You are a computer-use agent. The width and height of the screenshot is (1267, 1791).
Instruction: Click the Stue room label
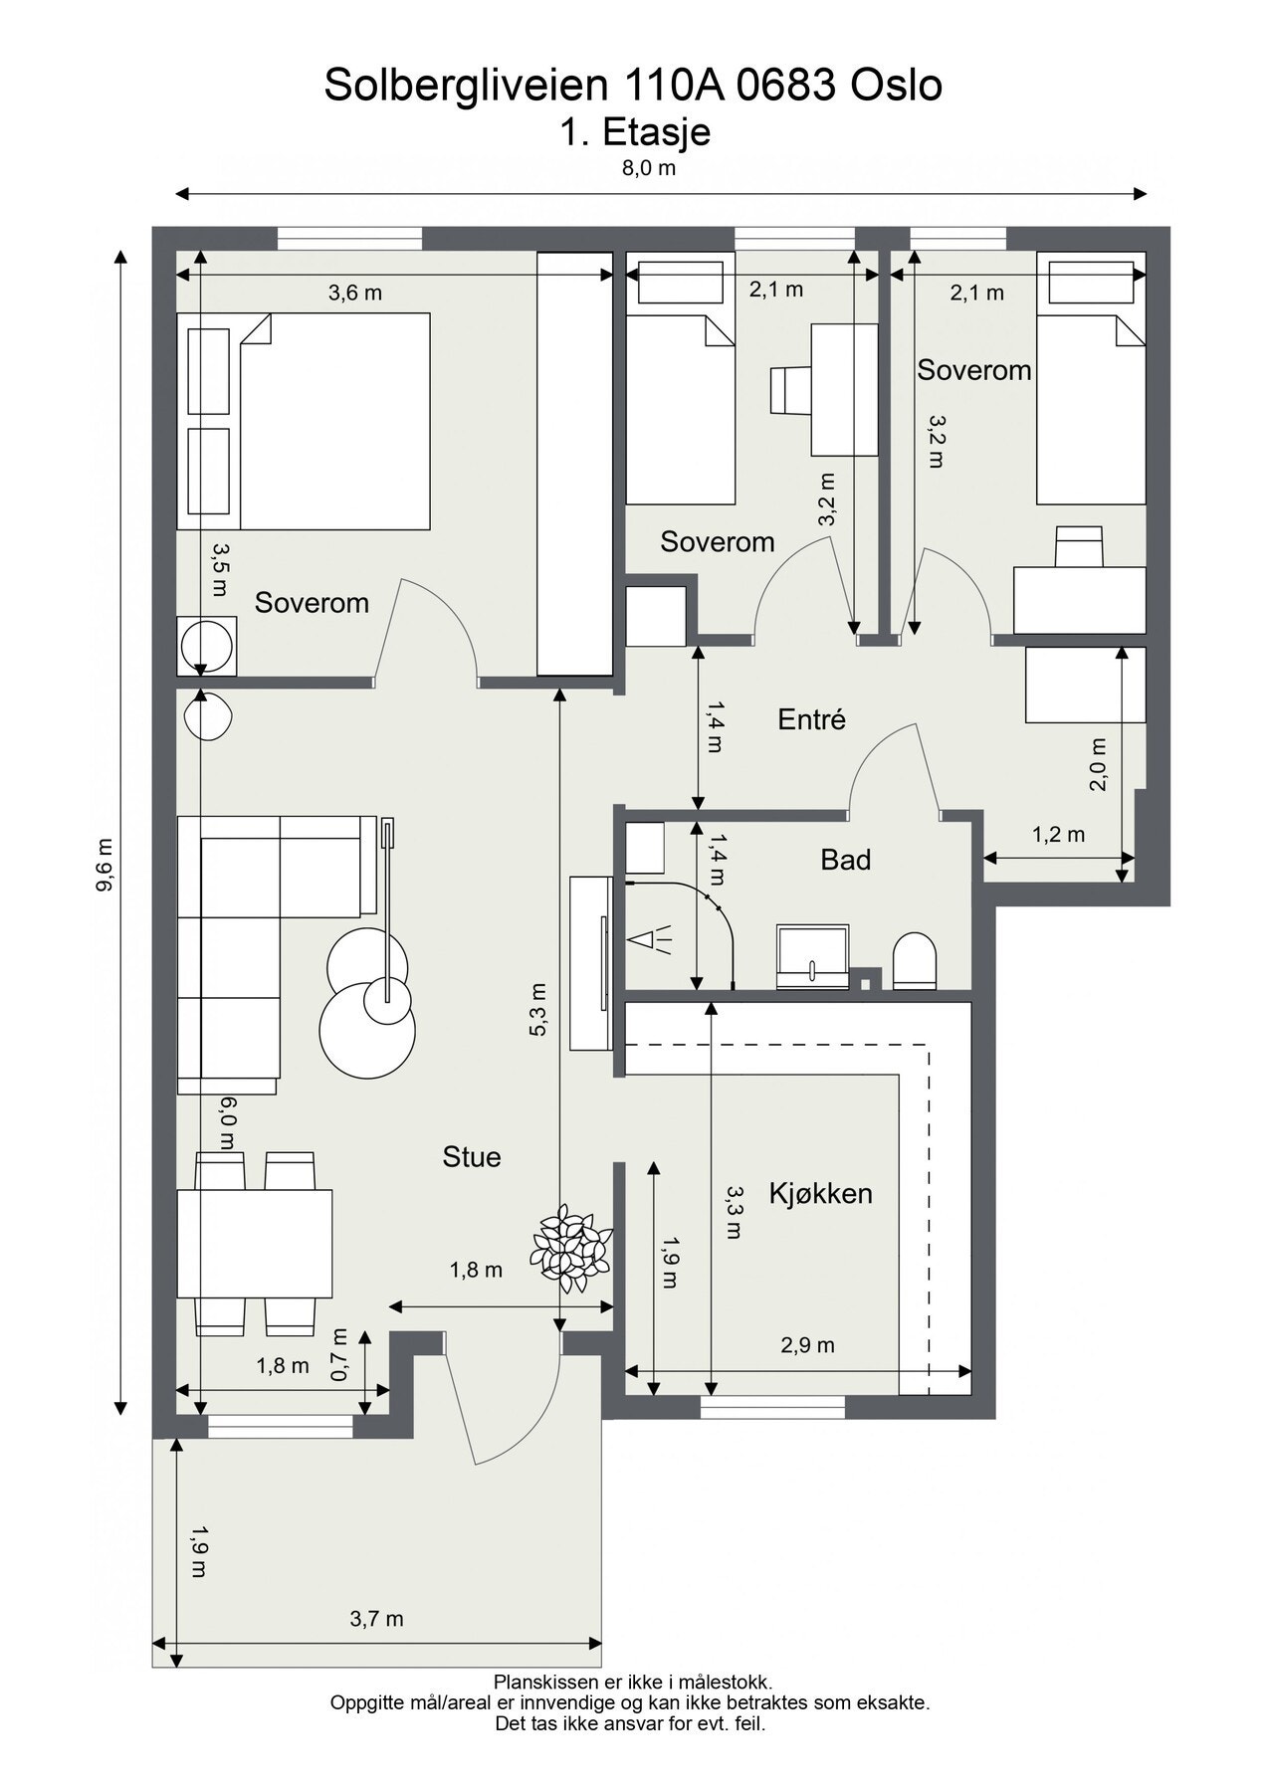coord(472,1157)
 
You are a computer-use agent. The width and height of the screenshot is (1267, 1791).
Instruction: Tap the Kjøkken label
coord(820,1193)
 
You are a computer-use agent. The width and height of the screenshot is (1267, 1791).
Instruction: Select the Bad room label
coord(846,860)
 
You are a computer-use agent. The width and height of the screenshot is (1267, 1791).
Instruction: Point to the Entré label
coord(811,719)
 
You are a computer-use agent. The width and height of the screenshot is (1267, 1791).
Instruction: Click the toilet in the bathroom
coord(915,961)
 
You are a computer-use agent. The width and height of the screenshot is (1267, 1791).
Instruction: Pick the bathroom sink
coord(813,957)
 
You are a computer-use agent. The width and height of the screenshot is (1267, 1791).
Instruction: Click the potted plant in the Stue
coord(571,1248)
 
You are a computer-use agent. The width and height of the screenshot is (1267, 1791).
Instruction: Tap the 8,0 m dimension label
coord(649,168)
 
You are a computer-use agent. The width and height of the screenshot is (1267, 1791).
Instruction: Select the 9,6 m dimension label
coord(104,867)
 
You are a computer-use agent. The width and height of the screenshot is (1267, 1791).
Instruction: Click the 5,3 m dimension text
coord(538,1010)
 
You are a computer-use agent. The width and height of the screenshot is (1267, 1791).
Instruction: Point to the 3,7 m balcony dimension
coord(376,1619)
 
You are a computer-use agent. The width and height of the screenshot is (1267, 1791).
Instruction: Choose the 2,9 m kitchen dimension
coord(807,1345)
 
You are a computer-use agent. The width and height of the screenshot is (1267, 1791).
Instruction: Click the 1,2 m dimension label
coord(1058,835)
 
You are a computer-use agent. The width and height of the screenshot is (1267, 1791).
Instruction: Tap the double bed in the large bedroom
coord(304,421)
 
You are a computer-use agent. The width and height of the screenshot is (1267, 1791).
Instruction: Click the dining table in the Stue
coord(255,1244)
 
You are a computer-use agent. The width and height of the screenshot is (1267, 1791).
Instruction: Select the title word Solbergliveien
coord(466,87)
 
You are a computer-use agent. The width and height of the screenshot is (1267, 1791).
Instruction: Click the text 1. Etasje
coord(634,132)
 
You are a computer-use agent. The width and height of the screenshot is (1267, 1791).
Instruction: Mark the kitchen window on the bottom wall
coord(772,1407)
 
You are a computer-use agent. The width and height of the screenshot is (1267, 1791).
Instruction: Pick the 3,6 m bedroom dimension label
coord(355,294)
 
